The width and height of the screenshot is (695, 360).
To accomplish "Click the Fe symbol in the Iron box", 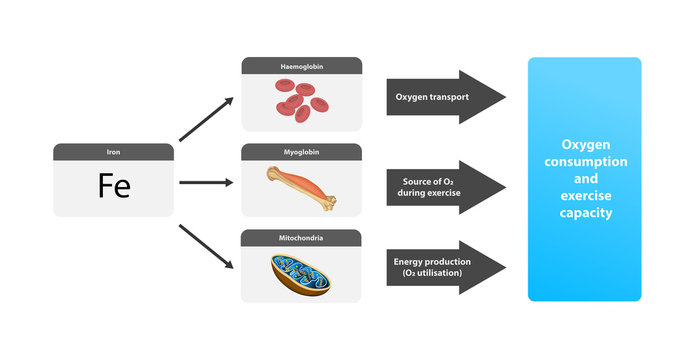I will [x=114, y=187].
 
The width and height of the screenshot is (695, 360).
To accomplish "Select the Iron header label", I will [x=114, y=152].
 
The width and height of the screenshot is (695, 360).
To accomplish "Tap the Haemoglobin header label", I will [x=301, y=66].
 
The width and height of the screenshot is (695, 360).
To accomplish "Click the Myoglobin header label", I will [x=301, y=152].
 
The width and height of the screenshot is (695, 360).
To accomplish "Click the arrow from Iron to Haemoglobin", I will [x=206, y=121].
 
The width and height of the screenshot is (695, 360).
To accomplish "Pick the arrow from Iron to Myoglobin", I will [x=206, y=183].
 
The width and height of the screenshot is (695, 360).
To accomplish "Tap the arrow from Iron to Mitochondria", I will [x=206, y=247].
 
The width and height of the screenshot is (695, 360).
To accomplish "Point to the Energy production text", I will [x=430, y=260].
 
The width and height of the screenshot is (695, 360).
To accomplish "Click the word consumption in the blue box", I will [x=584, y=161].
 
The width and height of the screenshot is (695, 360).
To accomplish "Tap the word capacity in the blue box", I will [x=584, y=213].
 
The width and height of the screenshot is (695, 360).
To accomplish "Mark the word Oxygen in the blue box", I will [x=584, y=143].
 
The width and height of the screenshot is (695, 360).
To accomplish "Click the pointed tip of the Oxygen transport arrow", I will [x=503, y=97].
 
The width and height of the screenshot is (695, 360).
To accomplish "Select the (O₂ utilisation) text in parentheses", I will [x=430, y=273].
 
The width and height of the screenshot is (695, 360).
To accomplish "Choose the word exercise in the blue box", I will [x=584, y=196].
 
